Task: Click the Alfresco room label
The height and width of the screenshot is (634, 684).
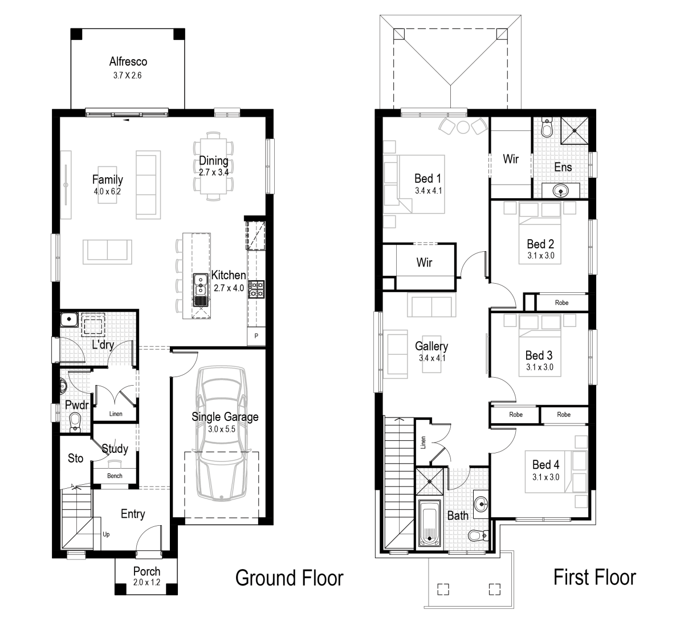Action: click(x=128, y=62)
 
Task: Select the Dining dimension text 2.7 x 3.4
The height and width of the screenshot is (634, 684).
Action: click(x=214, y=171)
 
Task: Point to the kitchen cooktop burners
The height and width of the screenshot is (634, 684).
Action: click(x=255, y=288)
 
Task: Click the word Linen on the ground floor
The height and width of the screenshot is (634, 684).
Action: click(x=115, y=414)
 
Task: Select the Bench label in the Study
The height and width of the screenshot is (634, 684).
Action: click(x=115, y=476)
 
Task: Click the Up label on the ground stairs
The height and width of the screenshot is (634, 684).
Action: click(x=106, y=534)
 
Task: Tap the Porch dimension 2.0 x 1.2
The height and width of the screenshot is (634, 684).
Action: click(x=146, y=582)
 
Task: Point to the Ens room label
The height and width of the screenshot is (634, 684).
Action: click(x=563, y=167)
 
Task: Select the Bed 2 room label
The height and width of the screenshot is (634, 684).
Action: click(x=540, y=244)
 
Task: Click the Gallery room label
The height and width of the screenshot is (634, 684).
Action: click(x=431, y=346)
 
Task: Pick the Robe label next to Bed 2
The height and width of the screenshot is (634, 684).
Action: click(x=561, y=303)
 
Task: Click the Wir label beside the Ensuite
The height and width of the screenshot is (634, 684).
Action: click(x=511, y=159)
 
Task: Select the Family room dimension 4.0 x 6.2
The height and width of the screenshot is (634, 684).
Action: click(x=107, y=192)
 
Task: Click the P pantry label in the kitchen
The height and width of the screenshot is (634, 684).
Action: click(x=256, y=336)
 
